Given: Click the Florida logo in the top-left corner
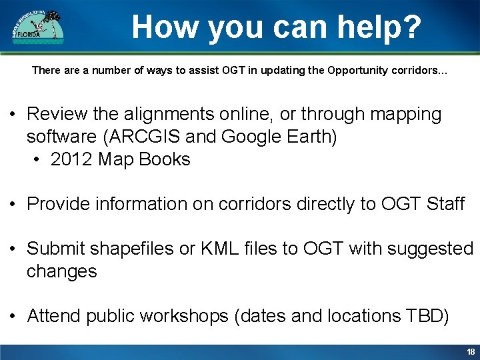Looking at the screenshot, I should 38,27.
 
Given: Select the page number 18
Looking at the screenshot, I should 471,352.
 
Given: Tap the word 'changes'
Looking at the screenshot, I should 61,271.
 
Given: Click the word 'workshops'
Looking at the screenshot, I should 183,316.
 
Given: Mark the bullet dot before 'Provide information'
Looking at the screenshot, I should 13,204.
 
